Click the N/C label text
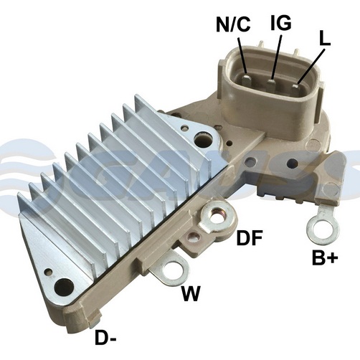(233, 24)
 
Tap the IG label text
(281, 23)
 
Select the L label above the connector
(325, 38)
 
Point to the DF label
(250, 237)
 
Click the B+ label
(325, 257)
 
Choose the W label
(191, 293)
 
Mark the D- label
(105, 337)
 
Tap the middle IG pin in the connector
(272, 83)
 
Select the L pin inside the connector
(296, 87)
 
